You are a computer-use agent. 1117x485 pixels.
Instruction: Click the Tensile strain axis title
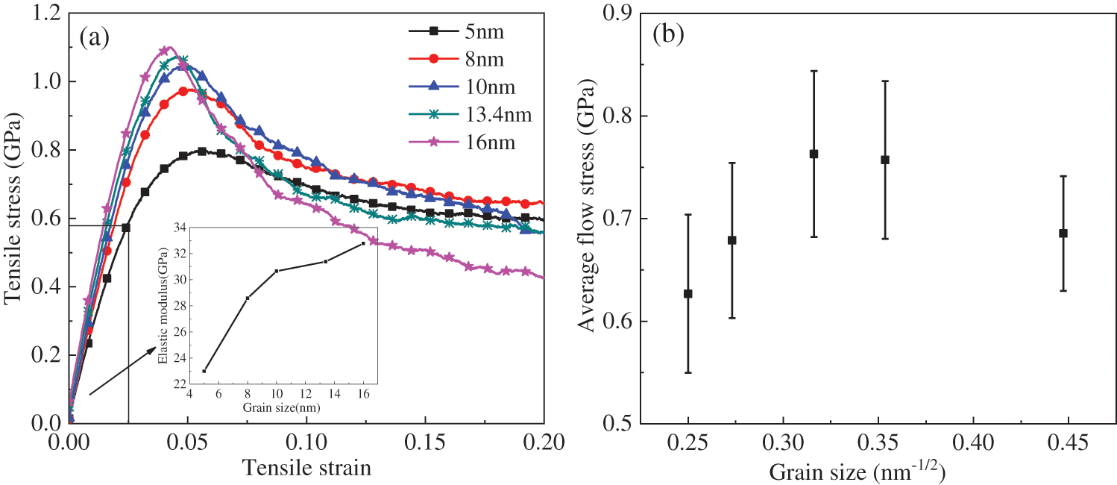click(x=306, y=467)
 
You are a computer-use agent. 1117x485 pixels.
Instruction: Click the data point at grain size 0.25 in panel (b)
click(x=688, y=293)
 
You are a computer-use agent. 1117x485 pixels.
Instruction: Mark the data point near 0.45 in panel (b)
click(x=1063, y=233)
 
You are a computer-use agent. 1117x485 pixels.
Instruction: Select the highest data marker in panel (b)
click(x=814, y=154)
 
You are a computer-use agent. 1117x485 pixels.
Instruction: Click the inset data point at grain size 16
click(x=363, y=243)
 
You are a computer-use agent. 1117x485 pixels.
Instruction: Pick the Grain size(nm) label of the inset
click(x=277, y=407)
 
